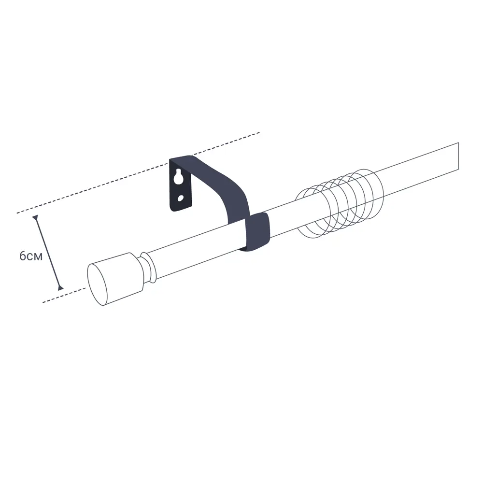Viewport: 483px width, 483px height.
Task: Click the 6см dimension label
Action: pyautogui.click(x=31, y=256)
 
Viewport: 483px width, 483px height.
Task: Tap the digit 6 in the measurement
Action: pyautogui.click(x=23, y=256)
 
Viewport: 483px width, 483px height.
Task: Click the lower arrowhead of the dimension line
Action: pyautogui.click(x=60, y=288)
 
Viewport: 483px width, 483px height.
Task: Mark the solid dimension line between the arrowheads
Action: pyautogui.click(x=47, y=253)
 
